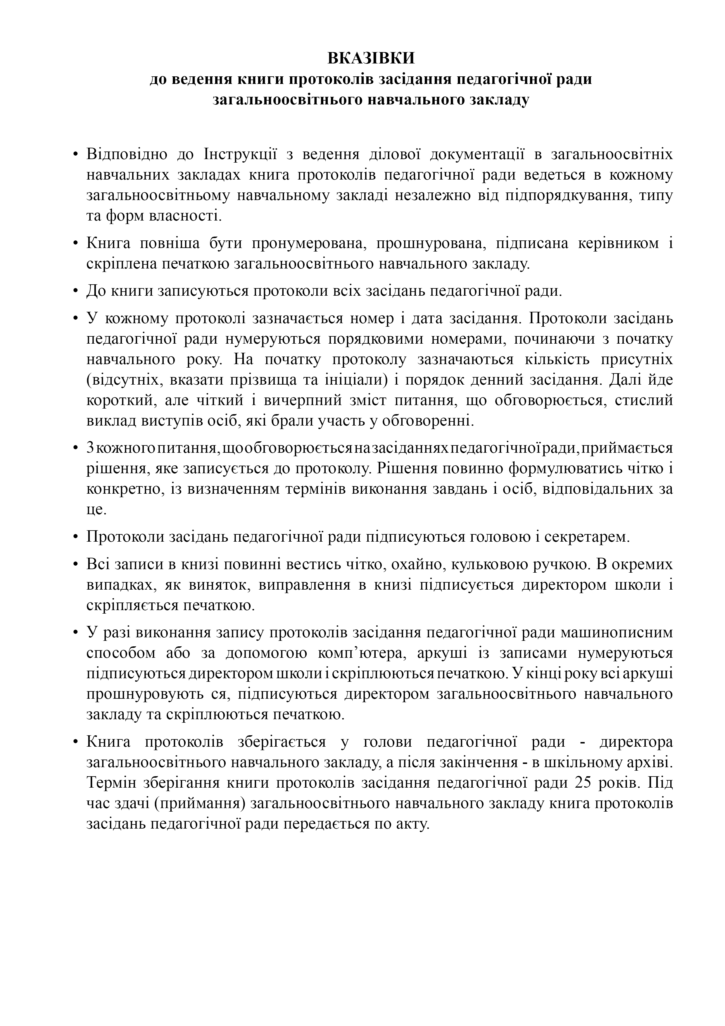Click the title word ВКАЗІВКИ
pyautogui.click(x=371, y=58)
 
